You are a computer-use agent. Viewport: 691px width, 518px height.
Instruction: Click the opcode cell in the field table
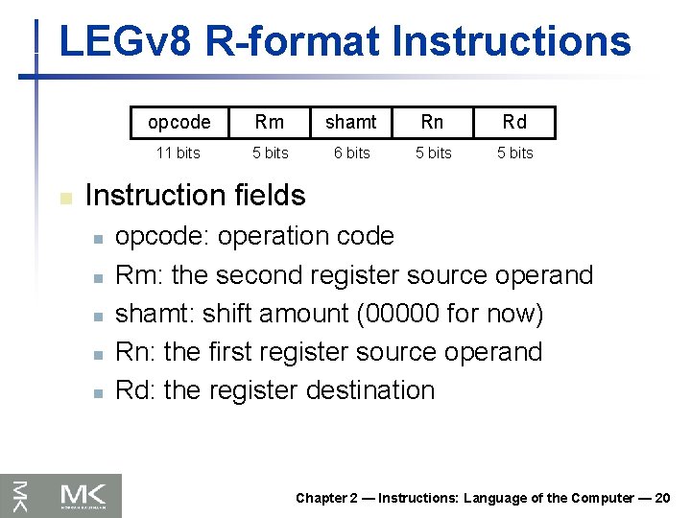179,122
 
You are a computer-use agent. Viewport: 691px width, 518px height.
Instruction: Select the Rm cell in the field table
270,122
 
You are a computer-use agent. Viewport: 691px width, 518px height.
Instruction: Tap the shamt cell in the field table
351,122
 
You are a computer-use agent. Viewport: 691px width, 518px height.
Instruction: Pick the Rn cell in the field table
433,122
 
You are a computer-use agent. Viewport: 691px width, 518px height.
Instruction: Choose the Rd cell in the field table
514,122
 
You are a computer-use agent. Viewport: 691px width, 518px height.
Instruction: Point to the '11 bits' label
179,153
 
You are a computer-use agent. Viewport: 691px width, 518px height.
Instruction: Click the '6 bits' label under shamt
351,153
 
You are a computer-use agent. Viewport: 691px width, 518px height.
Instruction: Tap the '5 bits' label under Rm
270,153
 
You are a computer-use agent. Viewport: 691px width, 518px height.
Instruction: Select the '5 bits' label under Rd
514,153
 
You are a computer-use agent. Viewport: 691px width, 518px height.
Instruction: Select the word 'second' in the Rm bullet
260,275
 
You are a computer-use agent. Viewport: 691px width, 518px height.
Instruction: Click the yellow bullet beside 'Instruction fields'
65,198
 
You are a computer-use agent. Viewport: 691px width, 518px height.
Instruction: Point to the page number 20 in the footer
662,498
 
